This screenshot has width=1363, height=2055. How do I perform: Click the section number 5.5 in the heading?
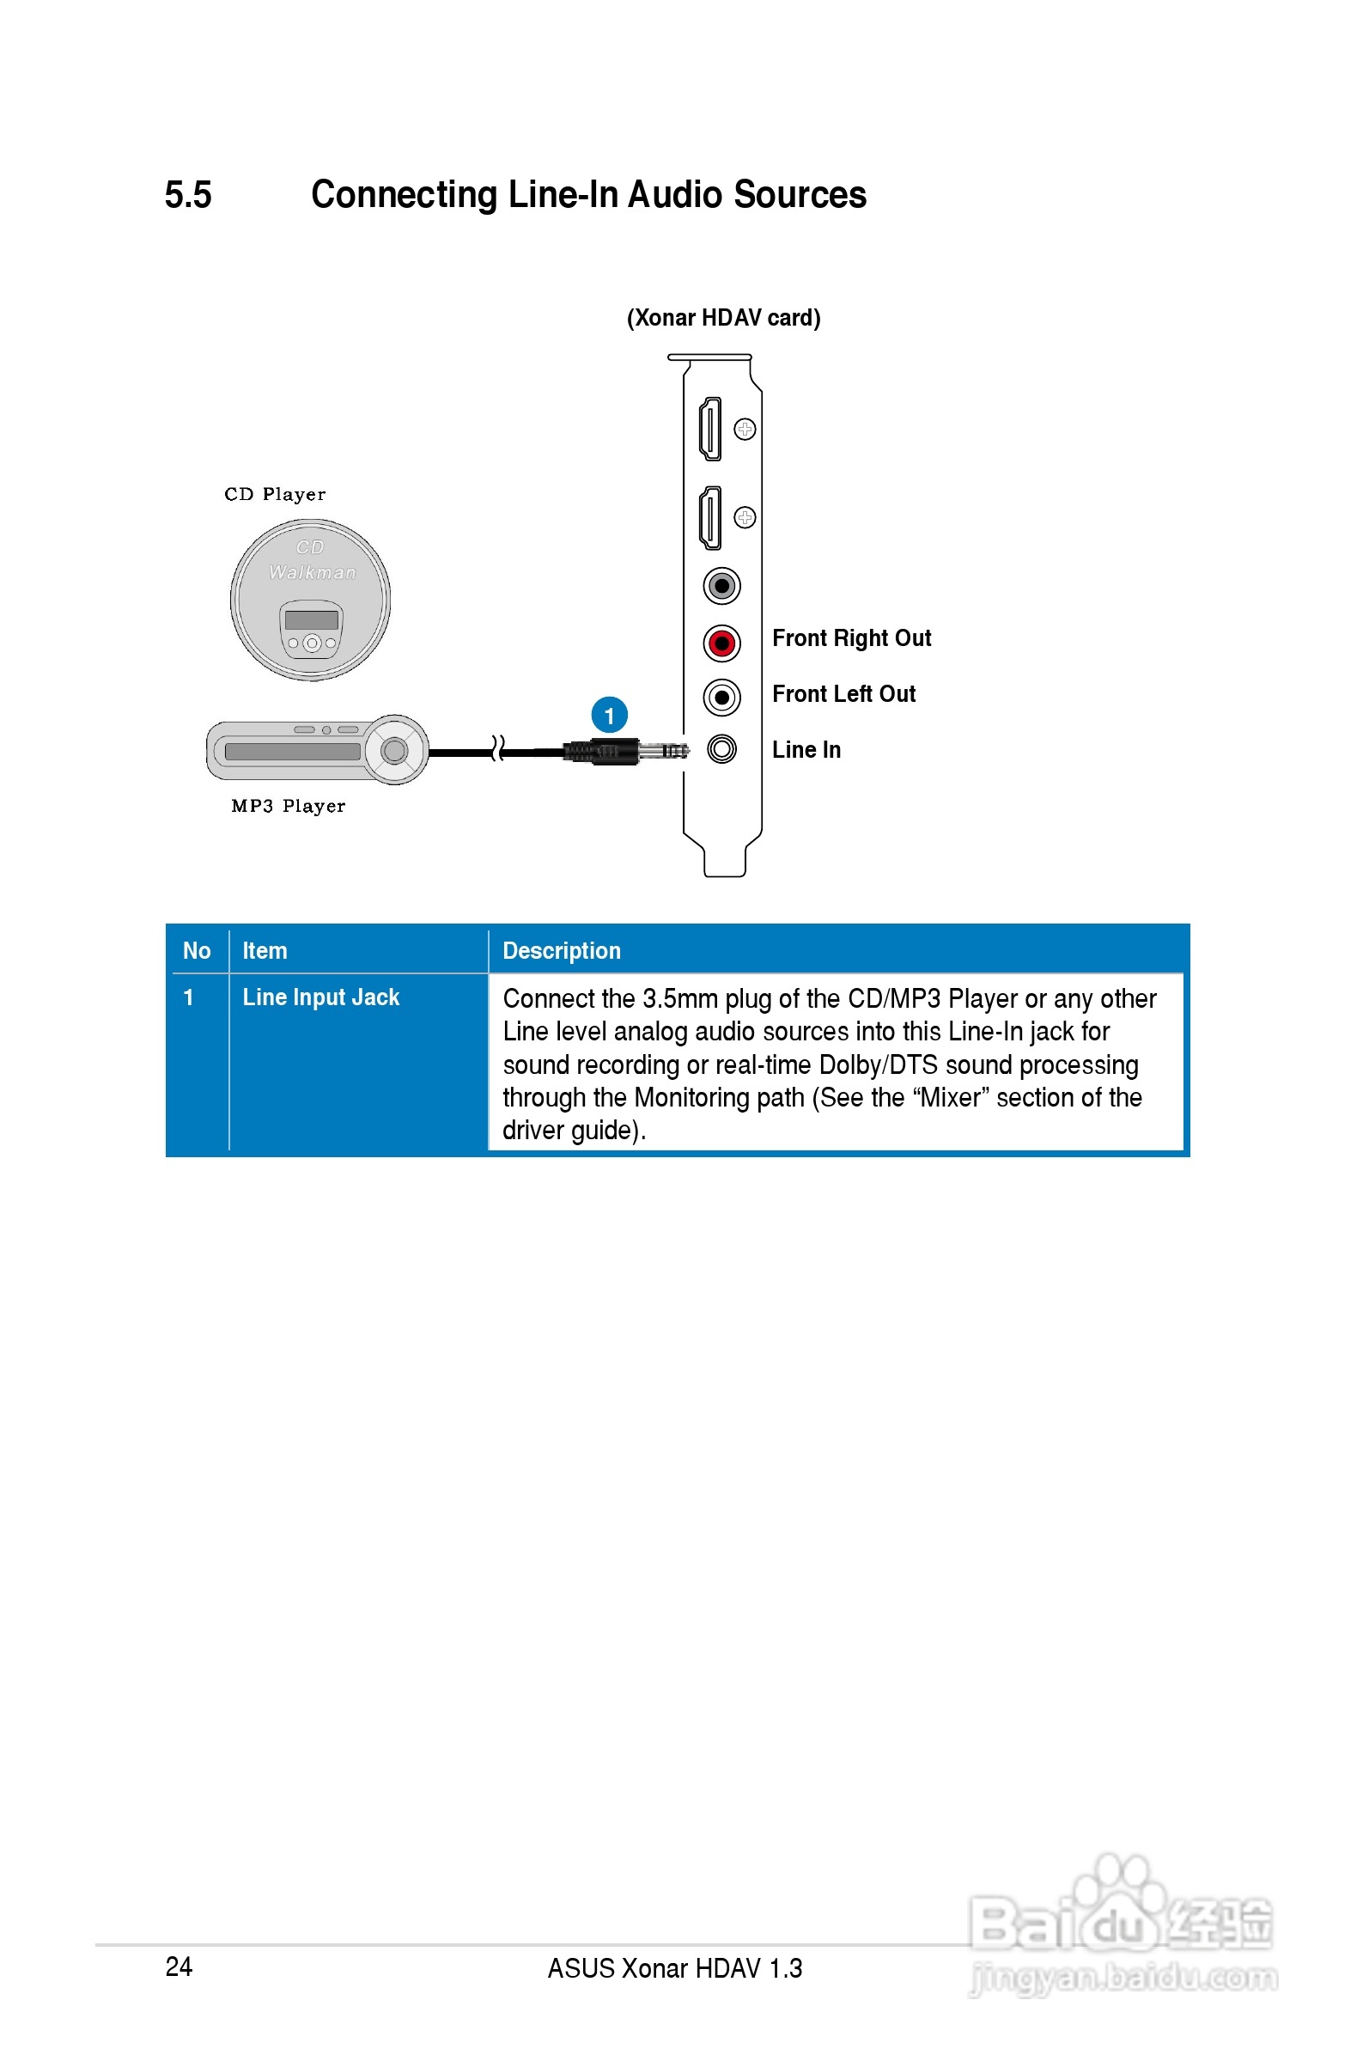(188, 195)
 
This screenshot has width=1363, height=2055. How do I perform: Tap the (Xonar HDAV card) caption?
(723, 317)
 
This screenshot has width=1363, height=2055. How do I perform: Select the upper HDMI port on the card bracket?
(710, 429)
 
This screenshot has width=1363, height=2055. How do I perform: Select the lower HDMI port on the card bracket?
(710, 518)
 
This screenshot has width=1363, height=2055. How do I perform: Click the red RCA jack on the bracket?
(721, 643)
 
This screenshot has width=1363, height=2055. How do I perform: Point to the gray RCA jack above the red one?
(721, 586)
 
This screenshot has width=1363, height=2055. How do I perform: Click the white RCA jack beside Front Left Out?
(721, 697)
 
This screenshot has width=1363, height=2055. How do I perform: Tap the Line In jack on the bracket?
(721, 748)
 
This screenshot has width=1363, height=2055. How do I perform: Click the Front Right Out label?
(851, 638)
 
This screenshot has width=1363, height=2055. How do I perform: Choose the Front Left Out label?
(843, 693)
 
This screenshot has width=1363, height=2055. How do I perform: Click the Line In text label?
(806, 749)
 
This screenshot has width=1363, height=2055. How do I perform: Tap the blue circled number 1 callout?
(609, 715)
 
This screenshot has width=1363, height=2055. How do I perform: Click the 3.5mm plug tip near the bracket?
(672, 750)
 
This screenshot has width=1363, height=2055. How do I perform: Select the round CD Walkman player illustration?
(310, 600)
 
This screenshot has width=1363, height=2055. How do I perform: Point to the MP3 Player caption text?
(288, 806)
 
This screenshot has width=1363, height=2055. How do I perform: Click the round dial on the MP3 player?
(395, 749)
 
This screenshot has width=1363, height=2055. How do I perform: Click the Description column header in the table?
(562, 950)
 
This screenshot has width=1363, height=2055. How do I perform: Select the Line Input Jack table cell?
(320, 997)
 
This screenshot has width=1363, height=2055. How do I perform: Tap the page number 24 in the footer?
(179, 1966)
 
